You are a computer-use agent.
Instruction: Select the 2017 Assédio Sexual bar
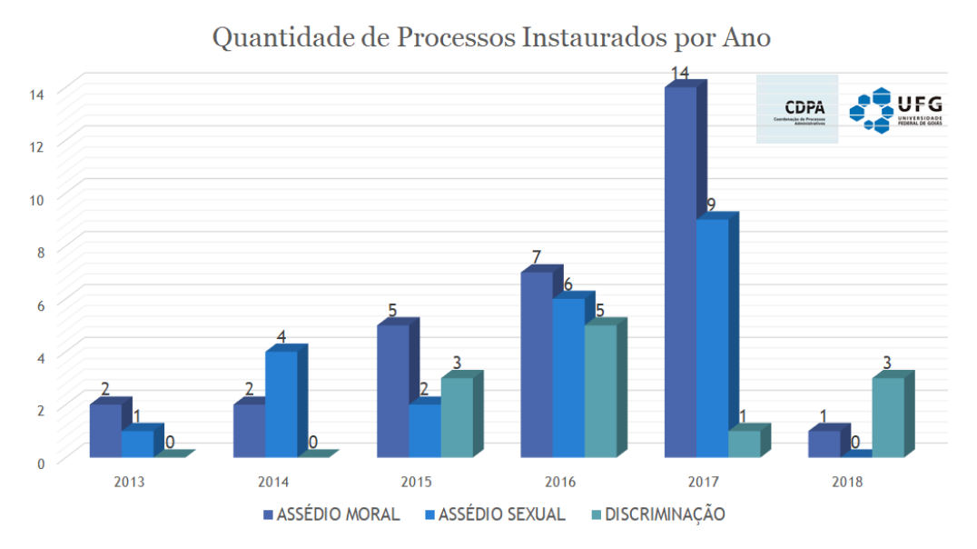(712, 337)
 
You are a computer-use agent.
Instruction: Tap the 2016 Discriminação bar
(600, 390)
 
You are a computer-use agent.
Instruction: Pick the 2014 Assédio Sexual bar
(281, 404)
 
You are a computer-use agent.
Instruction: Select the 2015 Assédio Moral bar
(392, 390)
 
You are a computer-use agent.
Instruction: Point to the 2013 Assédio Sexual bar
(137, 443)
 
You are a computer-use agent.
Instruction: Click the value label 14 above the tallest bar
(680, 72)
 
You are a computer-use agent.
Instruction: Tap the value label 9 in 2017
(712, 205)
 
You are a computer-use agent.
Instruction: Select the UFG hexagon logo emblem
(871, 110)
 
